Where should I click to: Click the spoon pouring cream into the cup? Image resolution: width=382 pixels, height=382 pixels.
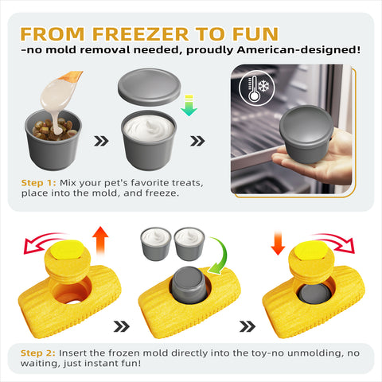tap(64, 87)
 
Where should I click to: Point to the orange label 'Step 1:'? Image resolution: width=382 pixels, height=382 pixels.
tap(39, 183)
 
